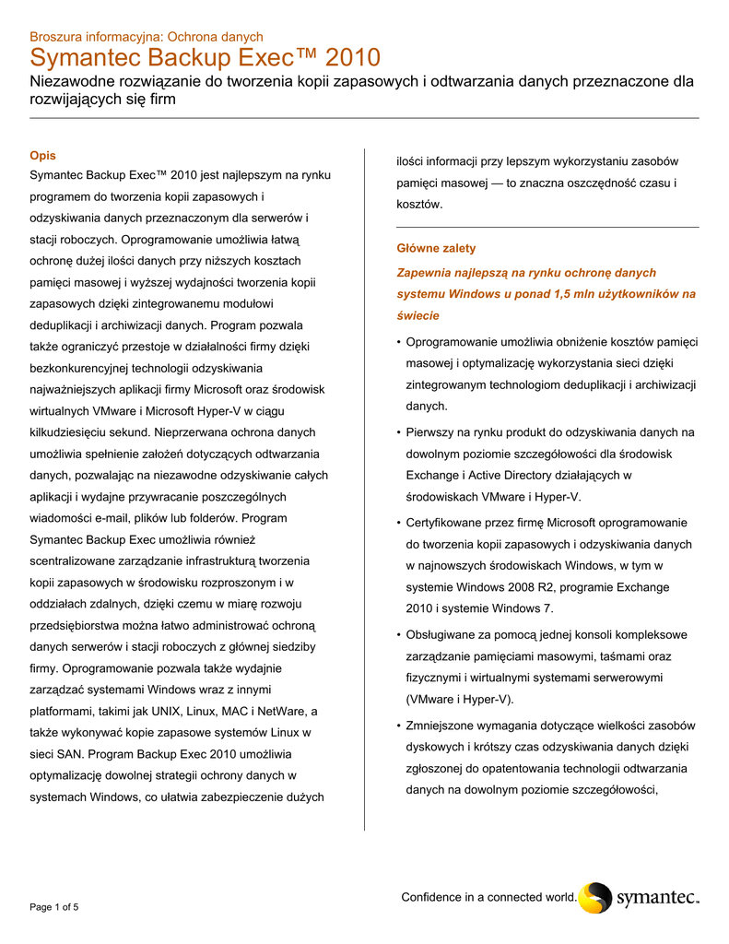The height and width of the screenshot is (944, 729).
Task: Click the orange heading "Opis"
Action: (42, 155)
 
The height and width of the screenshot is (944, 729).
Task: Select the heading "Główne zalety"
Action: (436, 249)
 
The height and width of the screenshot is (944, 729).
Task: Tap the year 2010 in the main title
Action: (352, 58)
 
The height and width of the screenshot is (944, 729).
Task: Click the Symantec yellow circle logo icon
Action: (595, 897)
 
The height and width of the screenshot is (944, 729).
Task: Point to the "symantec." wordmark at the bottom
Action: (658, 898)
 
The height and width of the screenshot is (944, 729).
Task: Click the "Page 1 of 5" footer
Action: (54, 907)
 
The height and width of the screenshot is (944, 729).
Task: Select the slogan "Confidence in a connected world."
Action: (488, 897)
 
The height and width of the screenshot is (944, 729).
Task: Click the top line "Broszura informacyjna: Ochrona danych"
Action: (147, 37)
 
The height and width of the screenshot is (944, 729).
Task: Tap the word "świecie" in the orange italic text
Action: (417, 315)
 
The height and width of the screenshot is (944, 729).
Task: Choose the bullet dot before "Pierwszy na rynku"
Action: (399, 432)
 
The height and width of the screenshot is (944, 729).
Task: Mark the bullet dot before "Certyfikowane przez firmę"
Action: (399, 523)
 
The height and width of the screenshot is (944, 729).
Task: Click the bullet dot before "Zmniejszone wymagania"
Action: (399, 726)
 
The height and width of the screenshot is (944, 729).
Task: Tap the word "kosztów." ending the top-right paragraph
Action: (419, 205)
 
